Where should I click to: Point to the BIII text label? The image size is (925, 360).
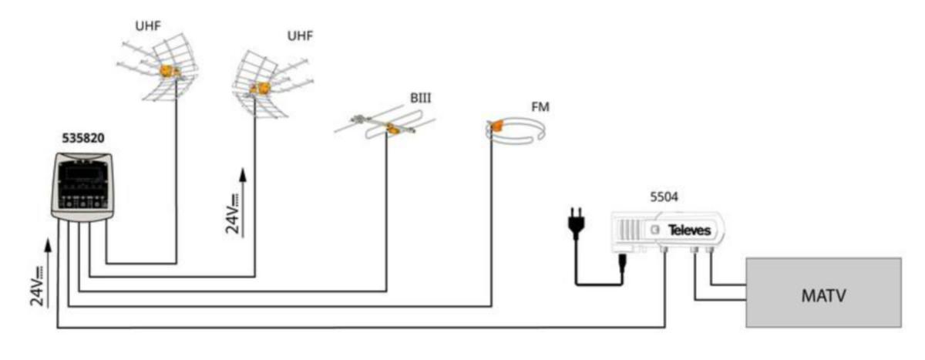(x=419, y=100)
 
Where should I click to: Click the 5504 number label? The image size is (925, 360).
(x=659, y=197)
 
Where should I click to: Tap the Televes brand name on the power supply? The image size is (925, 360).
(x=688, y=229)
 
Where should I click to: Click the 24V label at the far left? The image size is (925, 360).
(x=36, y=287)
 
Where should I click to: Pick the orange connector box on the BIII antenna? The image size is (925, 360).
(x=393, y=130)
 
